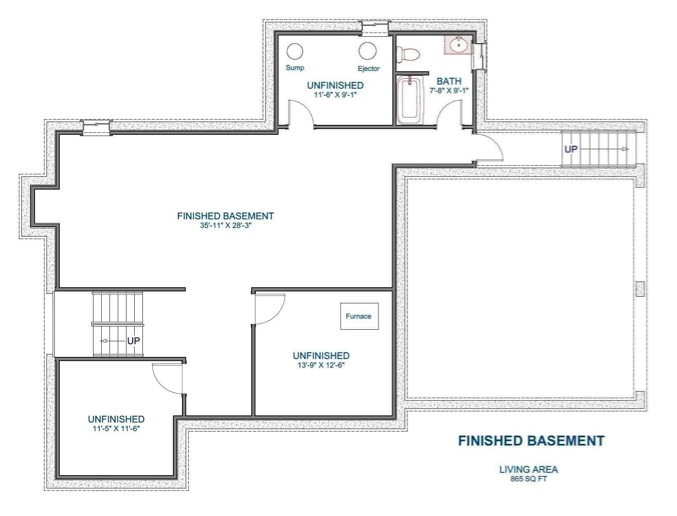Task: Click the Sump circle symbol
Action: tap(294, 51)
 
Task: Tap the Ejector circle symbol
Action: tap(367, 51)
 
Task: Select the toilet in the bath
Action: tap(407, 54)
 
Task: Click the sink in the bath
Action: tap(458, 45)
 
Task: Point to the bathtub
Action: tap(410, 100)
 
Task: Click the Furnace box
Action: tap(360, 316)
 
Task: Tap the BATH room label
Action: tap(449, 81)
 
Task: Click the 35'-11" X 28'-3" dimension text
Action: tap(226, 225)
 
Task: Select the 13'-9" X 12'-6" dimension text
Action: tap(321, 365)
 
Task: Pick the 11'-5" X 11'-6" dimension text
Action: tap(116, 428)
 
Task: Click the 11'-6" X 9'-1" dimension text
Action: tap(335, 94)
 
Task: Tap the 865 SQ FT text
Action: tap(528, 478)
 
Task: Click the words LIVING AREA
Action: tap(528, 469)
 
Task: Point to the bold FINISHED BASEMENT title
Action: tap(531, 441)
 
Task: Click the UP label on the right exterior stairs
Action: tap(571, 149)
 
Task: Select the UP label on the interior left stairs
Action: tap(133, 341)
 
